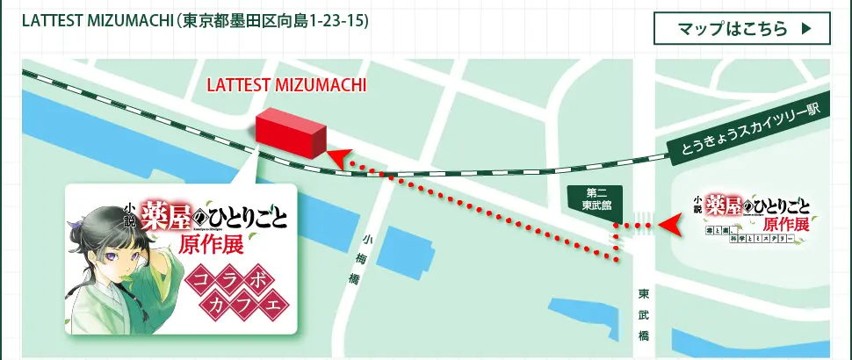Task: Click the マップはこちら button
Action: (742, 28)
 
